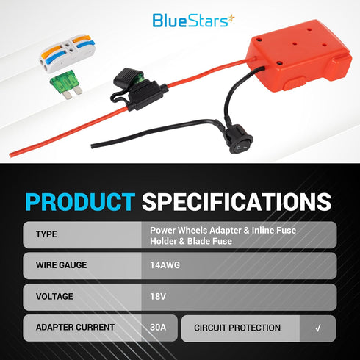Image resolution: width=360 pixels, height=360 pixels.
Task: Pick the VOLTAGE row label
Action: click(55, 297)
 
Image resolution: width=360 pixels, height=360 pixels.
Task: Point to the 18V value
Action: click(157, 297)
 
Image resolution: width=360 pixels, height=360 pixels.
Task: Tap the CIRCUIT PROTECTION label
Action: click(237, 328)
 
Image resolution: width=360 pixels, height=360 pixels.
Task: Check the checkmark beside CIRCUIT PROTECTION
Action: click(317, 328)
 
